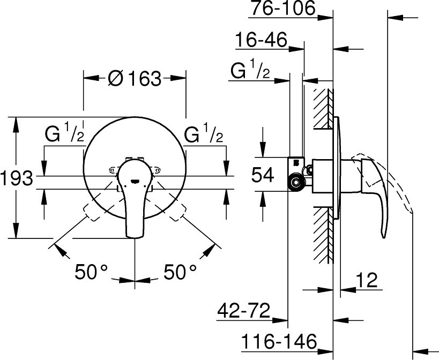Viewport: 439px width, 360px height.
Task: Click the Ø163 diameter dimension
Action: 135,78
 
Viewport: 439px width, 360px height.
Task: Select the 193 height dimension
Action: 17,178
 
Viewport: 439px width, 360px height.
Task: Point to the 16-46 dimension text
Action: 261,40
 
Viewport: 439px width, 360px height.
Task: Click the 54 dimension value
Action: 262,175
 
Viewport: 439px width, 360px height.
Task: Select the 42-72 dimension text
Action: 243,310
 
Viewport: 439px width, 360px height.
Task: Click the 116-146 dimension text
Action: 279,341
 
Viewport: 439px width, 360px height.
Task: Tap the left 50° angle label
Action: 91,272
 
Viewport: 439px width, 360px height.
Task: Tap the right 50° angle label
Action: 180,272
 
